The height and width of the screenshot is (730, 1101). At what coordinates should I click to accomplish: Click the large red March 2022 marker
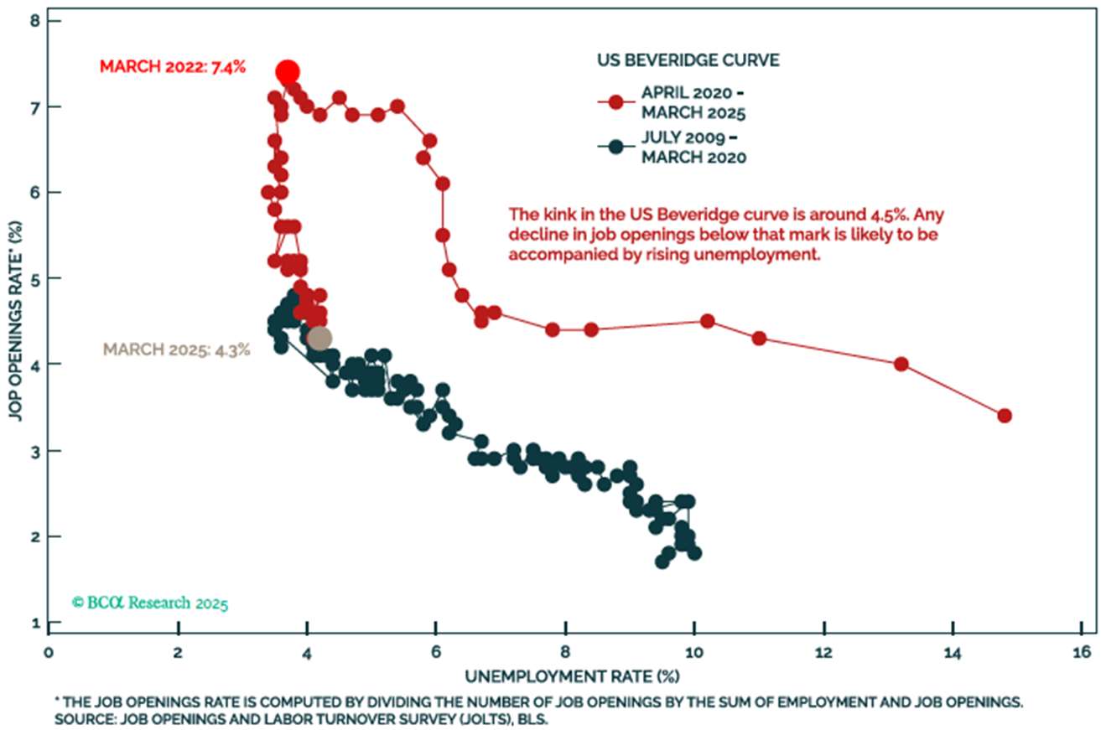pos(288,72)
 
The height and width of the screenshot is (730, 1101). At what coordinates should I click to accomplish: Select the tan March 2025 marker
pos(319,338)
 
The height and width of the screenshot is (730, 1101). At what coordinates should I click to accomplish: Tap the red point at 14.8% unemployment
pos(1005,416)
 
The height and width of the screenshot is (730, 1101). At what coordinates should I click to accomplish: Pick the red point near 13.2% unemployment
pos(901,364)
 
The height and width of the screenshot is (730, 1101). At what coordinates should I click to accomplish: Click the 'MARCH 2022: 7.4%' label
pos(173,66)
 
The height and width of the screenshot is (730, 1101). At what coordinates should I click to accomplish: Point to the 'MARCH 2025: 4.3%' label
pos(177,349)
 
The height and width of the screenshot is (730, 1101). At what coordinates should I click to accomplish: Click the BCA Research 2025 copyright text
pos(150,602)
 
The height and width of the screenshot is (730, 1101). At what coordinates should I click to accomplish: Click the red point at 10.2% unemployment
pos(707,321)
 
